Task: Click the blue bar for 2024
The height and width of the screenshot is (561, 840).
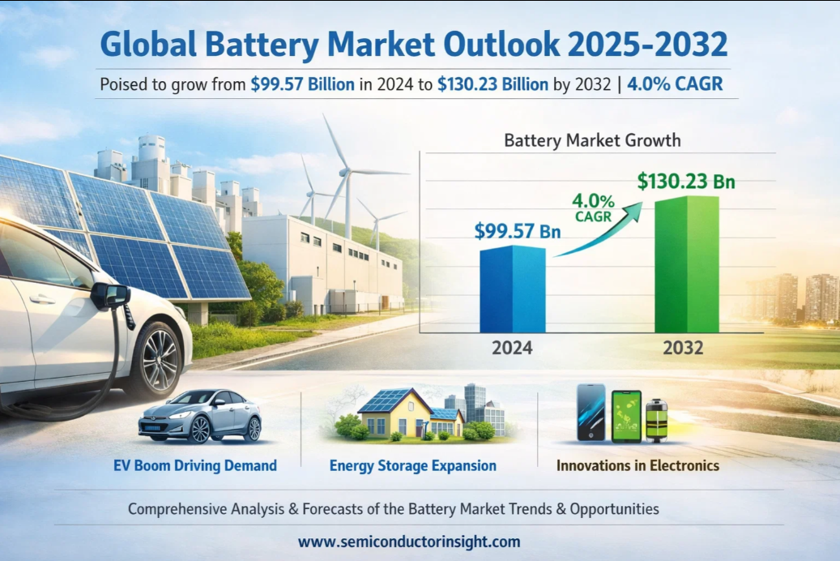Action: [512, 289]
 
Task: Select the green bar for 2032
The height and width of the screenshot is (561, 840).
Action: [686, 265]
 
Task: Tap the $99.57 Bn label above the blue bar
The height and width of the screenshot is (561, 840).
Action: [518, 231]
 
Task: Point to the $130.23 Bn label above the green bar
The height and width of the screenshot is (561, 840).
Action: [686, 181]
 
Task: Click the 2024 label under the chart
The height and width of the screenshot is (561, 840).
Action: [512, 349]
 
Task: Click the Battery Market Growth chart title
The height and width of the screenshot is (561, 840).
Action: [592, 140]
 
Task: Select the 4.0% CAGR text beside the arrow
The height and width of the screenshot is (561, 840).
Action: [593, 207]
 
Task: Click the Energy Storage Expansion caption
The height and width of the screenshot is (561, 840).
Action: [413, 465]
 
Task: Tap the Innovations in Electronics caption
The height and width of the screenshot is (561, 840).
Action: [637, 465]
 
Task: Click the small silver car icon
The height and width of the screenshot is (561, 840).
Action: [200, 416]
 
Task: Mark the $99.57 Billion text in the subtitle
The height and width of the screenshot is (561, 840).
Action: [302, 84]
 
